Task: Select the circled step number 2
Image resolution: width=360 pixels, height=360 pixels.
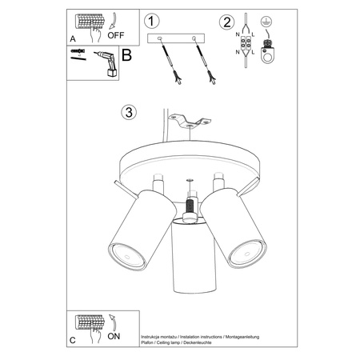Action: (x=227, y=22)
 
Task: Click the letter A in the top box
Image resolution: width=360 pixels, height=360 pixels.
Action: (x=74, y=38)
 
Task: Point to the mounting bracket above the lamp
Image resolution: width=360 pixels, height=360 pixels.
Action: (x=189, y=122)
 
